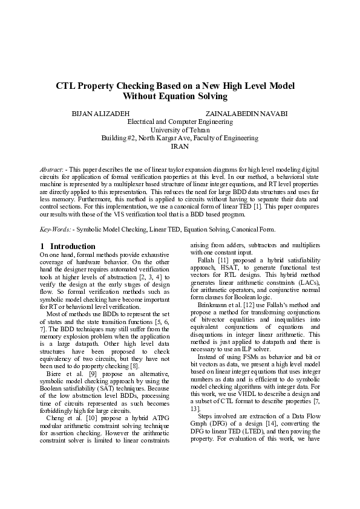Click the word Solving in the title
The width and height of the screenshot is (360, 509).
(x=210, y=97)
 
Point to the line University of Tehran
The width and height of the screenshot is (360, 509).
(x=180, y=130)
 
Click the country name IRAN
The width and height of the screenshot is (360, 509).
(x=180, y=146)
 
